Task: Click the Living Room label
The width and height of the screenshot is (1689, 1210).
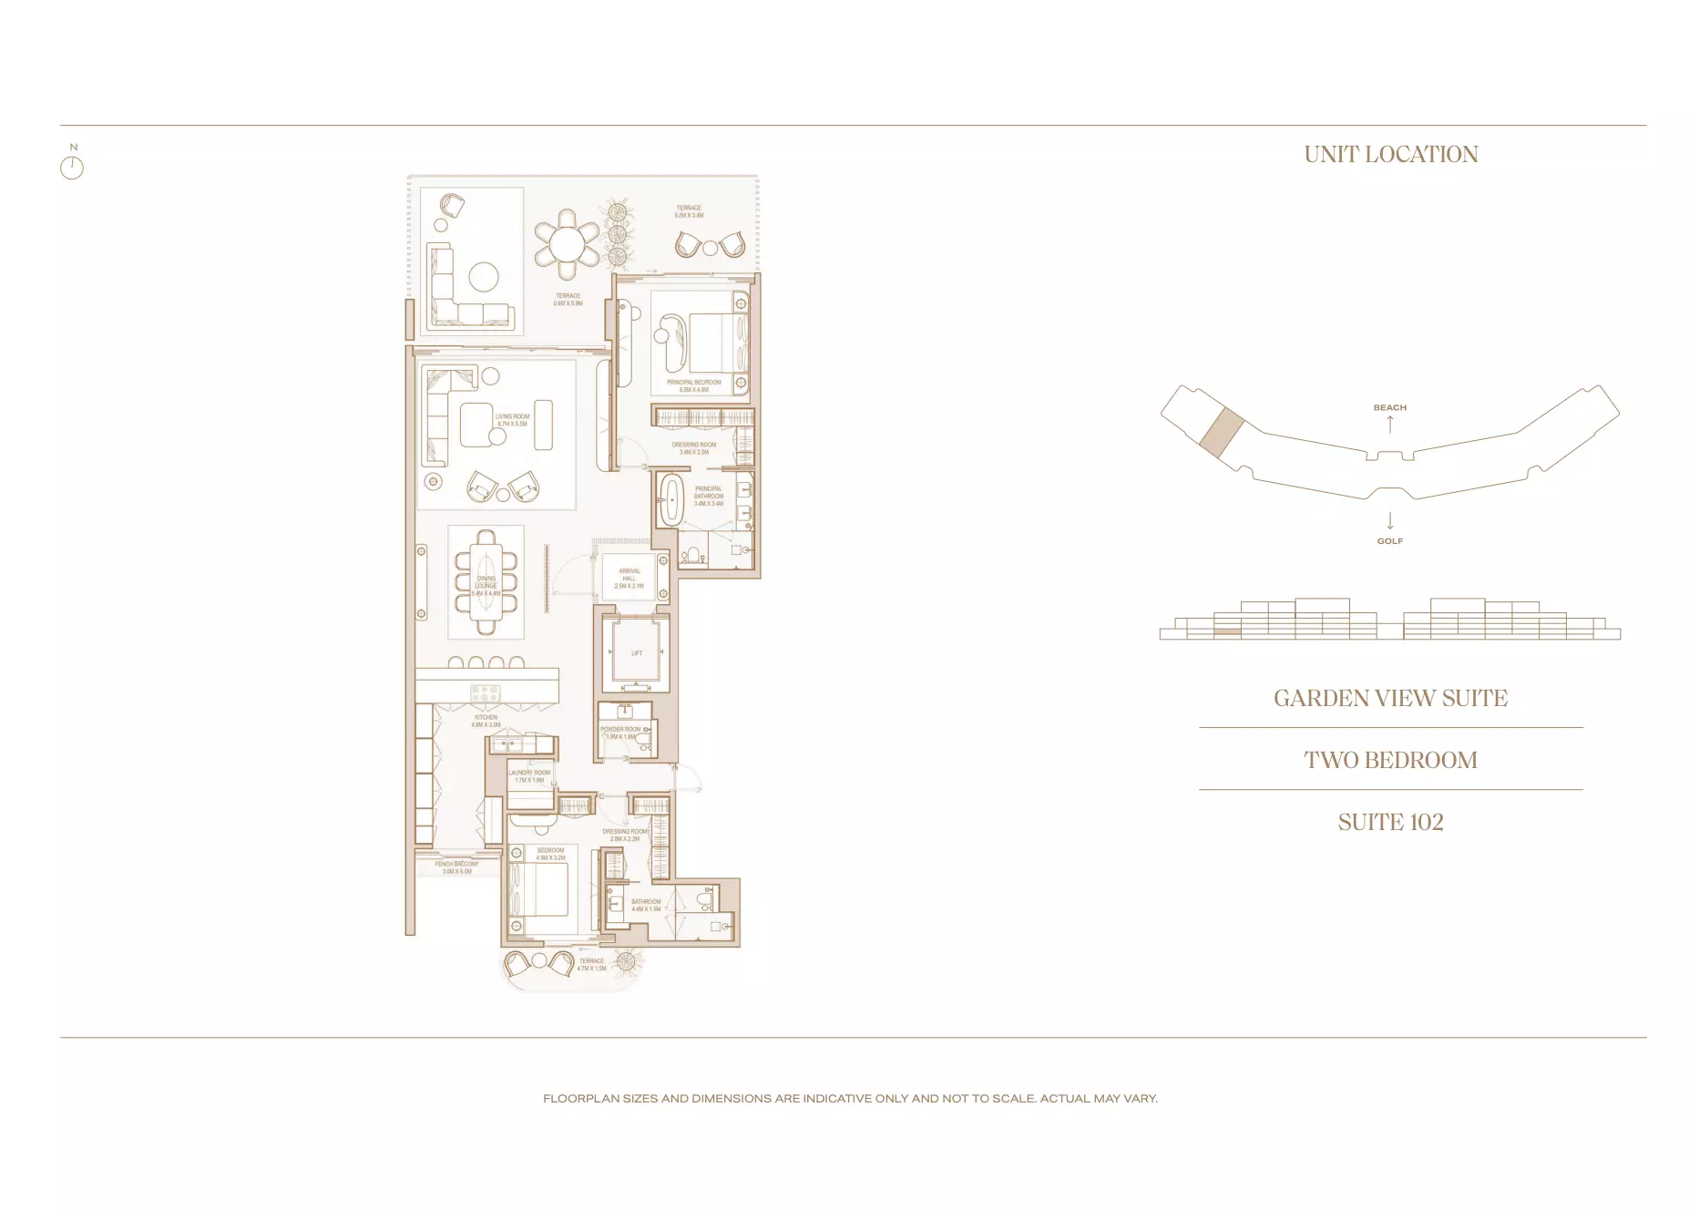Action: (x=512, y=420)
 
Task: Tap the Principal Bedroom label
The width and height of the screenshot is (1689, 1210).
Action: (x=693, y=385)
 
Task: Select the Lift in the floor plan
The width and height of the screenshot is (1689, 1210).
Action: (x=636, y=652)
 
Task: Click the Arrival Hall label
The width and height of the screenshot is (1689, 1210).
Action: (x=629, y=579)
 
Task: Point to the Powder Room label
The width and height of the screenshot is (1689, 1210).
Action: (x=620, y=733)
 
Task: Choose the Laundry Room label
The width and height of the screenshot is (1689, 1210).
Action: (x=529, y=776)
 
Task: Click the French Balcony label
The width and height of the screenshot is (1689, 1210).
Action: (x=456, y=867)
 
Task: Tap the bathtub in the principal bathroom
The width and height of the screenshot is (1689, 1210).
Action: (x=671, y=499)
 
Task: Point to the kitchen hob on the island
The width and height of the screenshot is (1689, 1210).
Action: (x=485, y=692)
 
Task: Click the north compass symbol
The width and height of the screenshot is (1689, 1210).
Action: (x=72, y=167)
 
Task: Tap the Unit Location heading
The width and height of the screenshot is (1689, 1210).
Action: (x=1390, y=155)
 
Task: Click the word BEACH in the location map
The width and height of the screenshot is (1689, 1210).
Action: (x=1389, y=407)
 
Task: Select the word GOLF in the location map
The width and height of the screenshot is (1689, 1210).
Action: (x=1389, y=541)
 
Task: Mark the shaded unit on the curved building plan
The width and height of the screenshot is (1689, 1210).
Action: (x=1220, y=431)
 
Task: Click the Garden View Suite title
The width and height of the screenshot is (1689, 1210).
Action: (x=1390, y=698)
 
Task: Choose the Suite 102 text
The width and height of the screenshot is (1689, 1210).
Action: (x=1390, y=822)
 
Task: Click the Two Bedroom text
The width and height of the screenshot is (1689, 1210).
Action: (x=1390, y=760)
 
